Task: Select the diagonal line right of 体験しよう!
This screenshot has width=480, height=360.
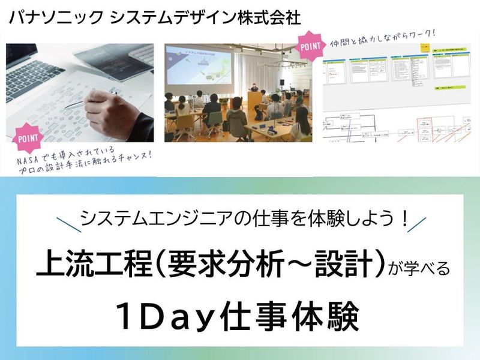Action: (416, 223)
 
